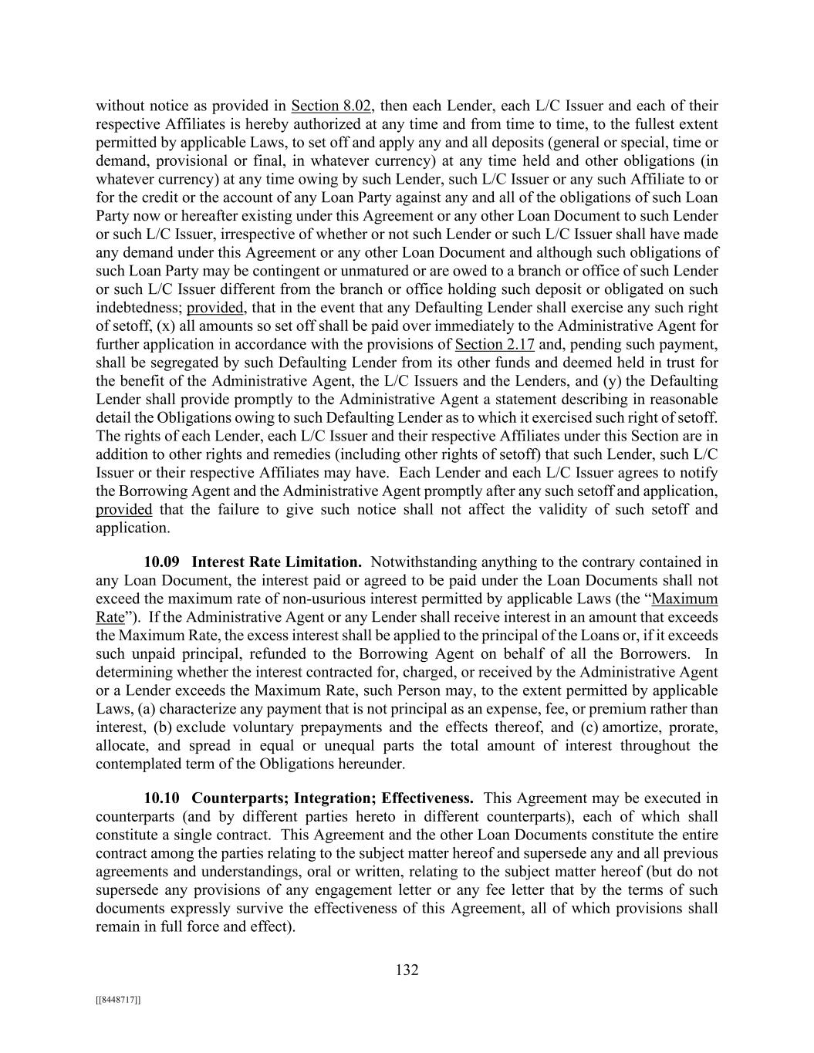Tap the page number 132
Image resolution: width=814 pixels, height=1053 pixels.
coord(407,970)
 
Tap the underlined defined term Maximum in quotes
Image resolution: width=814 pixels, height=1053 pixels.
coord(685,599)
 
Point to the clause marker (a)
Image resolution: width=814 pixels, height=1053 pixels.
coord(147,709)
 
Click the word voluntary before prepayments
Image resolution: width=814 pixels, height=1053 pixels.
coord(228,727)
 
